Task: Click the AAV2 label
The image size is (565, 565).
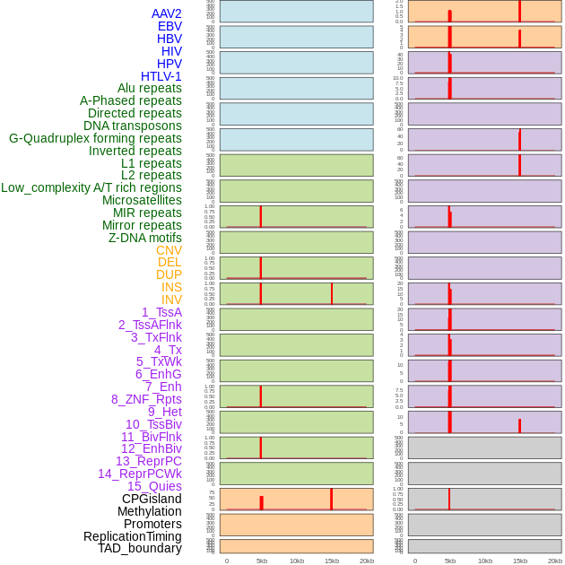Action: [x=167, y=13]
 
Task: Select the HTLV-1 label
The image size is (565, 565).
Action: [x=161, y=76]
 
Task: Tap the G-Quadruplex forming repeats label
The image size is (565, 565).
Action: [x=95, y=138]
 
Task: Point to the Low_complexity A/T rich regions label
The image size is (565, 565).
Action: [x=91, y=187]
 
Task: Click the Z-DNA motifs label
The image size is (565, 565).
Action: [x=145, y=238]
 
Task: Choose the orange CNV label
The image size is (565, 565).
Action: [x=169, y=250]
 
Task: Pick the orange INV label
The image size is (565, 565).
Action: [x=171, y=300]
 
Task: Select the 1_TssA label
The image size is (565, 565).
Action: [x=161, y=312]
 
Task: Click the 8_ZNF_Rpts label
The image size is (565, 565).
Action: [x=146, y=399]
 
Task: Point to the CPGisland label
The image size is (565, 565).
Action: [x=152, y=499]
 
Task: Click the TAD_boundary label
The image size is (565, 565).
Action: [x=140, y=548]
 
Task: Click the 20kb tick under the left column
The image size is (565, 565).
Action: [x=367, y=561]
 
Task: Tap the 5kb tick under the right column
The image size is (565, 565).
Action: [x=450, y=561]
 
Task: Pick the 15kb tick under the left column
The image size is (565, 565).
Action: [x=332, y=561]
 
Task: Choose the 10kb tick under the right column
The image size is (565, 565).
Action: [x=485, y=561]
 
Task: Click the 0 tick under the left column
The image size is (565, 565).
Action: [x=227, y=561]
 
